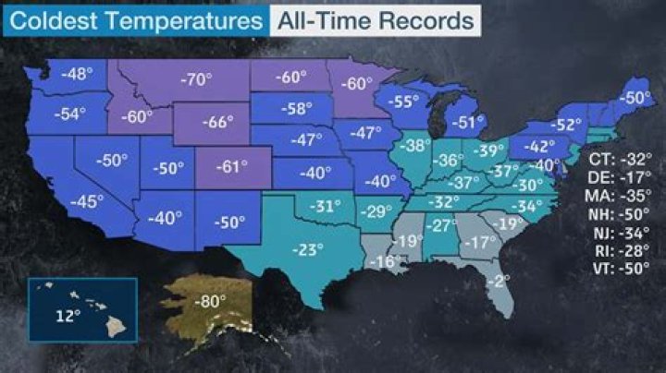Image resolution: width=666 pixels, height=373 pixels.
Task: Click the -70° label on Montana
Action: pos(194,79)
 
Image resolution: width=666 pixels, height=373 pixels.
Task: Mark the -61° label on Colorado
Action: pos(228,168)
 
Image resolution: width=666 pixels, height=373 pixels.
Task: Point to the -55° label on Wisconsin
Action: pos(404,102)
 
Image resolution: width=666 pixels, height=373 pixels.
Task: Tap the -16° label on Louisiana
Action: pos(385,263)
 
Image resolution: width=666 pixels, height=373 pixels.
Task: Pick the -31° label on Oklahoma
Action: pos(325,206)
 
